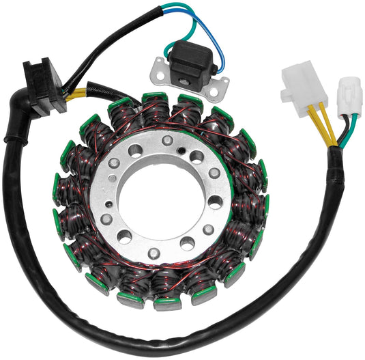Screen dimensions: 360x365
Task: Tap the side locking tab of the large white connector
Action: [285, 89]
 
